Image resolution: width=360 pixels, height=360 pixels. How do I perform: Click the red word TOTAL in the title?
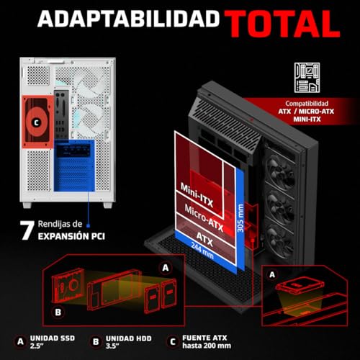pyautogui.click(x=282, y=24)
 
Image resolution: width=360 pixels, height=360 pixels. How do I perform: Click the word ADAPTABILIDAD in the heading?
pyautogui.click(x=129, y=19)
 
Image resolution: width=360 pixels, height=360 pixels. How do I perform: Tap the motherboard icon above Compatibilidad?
pyautogui.click(x=307, y=78)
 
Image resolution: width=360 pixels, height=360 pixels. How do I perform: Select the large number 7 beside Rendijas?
pyautogui.click(x=27, y=230)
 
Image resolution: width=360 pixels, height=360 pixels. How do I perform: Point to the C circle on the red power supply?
pyautogui.click(x=37, y=122)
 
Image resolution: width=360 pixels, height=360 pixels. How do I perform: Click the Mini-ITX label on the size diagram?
pyautogui.click(x=197, y=195)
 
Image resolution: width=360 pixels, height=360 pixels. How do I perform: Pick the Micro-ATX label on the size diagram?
pyautogui.click(x=204, y=218)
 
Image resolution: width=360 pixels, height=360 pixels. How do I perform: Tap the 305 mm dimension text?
pyautogui.click(x=240, y=218)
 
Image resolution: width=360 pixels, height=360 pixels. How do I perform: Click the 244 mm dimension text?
pyautogui.click(x=202, y=251)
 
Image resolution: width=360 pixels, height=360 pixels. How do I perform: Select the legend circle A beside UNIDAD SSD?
pyautogui.click(x=20, y=341)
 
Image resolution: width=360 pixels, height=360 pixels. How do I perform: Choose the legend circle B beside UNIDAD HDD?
pyautogui.click(x=96, y=341)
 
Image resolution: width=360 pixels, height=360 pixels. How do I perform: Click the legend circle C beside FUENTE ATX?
pyautogui.click(x=173, y=341)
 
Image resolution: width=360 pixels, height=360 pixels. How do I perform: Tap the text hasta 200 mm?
pyautogui.click(x=207, y=346)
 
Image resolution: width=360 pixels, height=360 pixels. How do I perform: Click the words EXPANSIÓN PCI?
pyautogui.click(x=71, y=236)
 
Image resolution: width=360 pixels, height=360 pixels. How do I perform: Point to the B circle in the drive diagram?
pyautogui.click(x=58, y=312)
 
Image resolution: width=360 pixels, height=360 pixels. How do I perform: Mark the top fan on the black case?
pyautogui.click(x=280, y=171)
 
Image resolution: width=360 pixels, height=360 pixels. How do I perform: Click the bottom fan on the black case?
pyautogui.click(x=280, y=241)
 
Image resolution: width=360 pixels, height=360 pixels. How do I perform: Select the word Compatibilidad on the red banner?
pyautogui.click(x=307, y=104)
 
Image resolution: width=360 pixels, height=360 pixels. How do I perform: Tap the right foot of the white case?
pyautogui.click(x=107, y=204)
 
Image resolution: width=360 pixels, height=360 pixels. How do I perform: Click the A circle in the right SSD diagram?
pyautogui.click(x=272, y=274)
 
